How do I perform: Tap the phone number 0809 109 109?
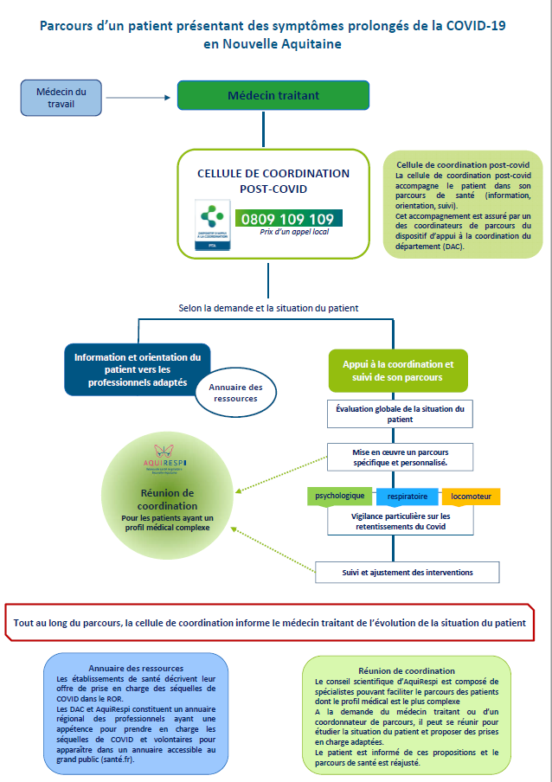[286, 219]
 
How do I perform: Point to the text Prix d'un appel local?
[294, 232]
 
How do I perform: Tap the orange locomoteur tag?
[472, 497]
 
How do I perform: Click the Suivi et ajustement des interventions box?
[407, 572]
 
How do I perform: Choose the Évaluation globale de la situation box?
[400, 413]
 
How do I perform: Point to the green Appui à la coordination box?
[398, 370]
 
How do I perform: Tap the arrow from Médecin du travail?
[139, 96]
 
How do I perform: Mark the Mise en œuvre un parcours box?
[400, 458]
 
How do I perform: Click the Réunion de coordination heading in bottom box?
[406, 670]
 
